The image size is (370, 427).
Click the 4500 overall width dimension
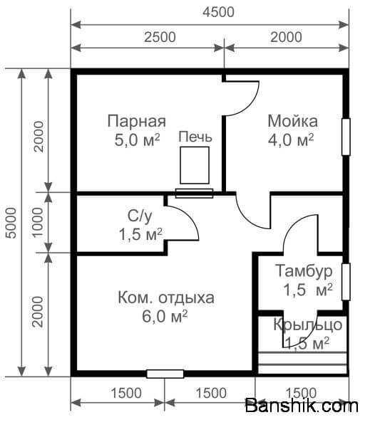[x=219, y=12]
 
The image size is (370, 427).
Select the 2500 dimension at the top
[x=160, y=37]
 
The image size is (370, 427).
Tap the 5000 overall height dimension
[x=11, y=223]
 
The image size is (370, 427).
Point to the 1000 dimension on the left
[x=37, y=223]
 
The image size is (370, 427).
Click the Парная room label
[x=137, y=122]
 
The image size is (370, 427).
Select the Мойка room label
[x=292, y=121]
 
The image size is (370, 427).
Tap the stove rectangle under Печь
[x=195, y=165]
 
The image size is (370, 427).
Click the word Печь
[x=195, y=137]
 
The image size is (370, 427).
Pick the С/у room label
[x=140, y=216]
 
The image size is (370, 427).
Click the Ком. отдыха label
[x=166, y=297]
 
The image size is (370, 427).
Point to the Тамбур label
[x=304, y=271]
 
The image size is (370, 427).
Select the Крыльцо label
[x=308, y=325]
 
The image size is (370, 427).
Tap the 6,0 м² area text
[x=165, y=316]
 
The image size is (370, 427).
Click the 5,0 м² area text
[x=137, y=140]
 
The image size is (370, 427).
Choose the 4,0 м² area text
[x=291, y=140]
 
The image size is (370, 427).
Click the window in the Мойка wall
[x=346, y=137]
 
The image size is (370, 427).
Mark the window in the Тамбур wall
[x=346, y=282]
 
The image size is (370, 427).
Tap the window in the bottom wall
[x=165, y=374]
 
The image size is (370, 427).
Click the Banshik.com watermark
[x=302, y=406]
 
